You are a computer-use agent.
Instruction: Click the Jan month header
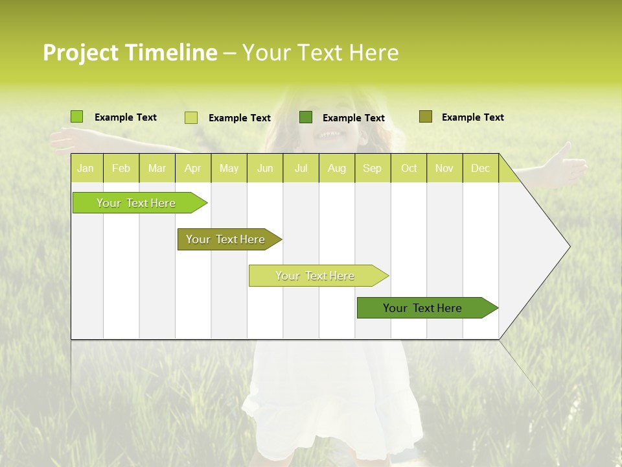tap(86, 169)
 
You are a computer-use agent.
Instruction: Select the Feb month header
tap(121, 169)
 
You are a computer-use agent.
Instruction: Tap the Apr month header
tap(192, 169)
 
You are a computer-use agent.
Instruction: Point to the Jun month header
tap(265, 169)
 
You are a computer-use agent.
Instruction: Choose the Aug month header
tap(336, 169)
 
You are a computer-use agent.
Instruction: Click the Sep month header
tap(372, 169)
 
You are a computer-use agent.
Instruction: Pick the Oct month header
tap(409, 169)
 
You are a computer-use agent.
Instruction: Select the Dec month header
tap(480, 169)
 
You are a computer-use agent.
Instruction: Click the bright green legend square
tap(77, 117)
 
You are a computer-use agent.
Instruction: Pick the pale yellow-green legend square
tap(191, 117)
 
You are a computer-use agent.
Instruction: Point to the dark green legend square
tap(306, 117)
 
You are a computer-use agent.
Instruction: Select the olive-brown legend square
tap(426, 117)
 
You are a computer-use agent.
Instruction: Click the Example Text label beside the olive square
tap(472, 117)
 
